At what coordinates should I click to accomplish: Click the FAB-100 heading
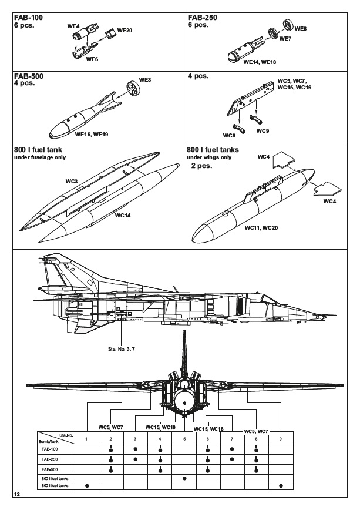point(28,18)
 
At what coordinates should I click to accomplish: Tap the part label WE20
point(125,29)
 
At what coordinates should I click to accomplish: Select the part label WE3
point(144,79)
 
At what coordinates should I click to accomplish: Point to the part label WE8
point(300,28)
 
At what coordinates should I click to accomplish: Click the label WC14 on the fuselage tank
point(123,215)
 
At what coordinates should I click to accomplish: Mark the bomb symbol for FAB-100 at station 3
point(136,448)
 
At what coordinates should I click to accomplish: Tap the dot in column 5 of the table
point(185,478)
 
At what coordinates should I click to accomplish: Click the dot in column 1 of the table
point(86,486)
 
